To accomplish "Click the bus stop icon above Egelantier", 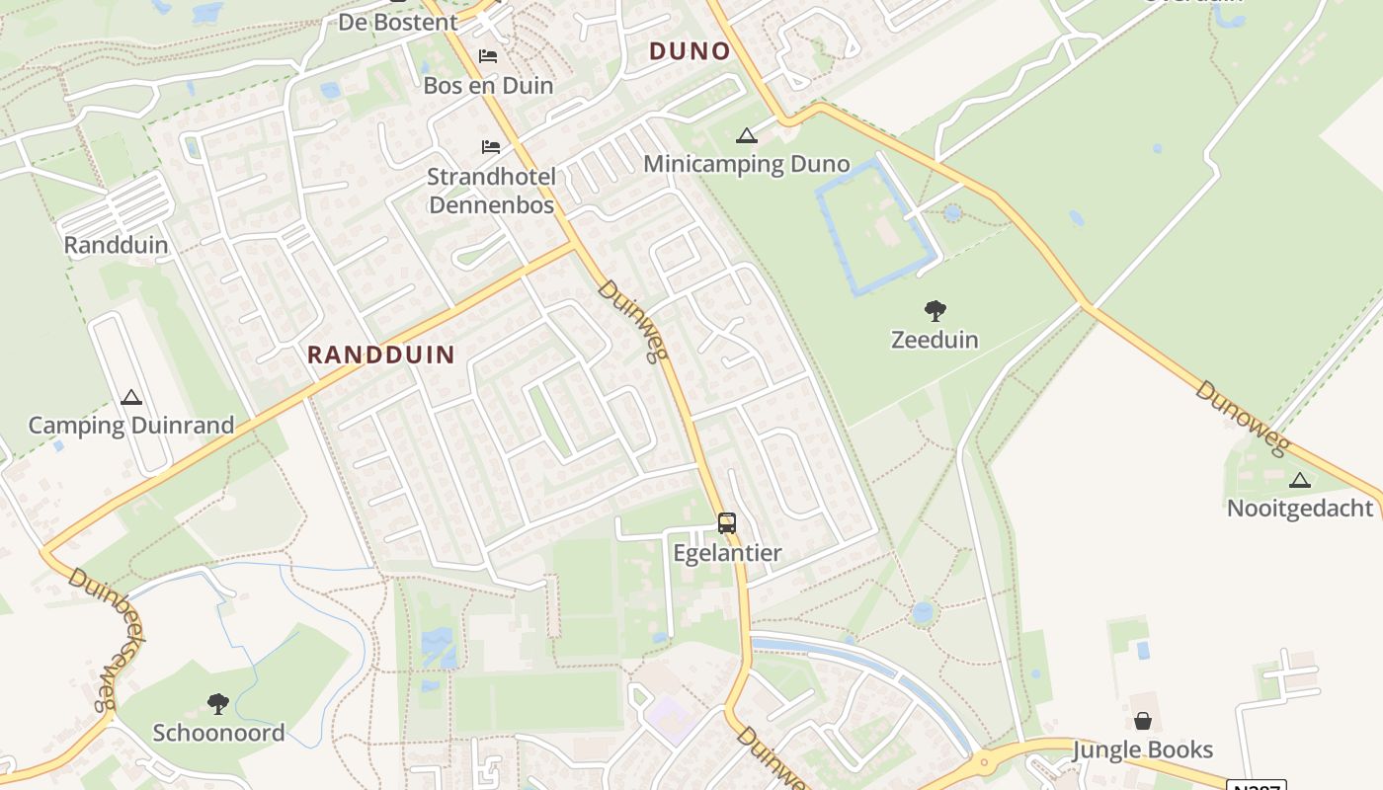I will tap(727, 523).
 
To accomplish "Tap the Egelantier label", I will tap(727, 553).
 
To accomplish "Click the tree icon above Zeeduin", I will tap(935, 312).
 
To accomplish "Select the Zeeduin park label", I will tap(935, 340).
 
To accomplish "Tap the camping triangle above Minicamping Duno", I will tap(747, 136).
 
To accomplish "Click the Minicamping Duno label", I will tap(747, 164).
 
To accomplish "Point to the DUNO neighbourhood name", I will tap(690, 51).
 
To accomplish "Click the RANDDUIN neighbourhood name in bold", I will tap(381, 355).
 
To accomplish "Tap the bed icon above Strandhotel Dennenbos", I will tap(491, 147).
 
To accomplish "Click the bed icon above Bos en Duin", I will tap(488, 56).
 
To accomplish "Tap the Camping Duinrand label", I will tap(131, 426).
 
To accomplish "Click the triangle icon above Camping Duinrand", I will tap(130, 398).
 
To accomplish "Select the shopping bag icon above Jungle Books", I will tap(1143, 721).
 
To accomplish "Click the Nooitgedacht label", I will tap(1300, 509).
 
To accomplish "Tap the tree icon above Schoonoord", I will tap(218, 704).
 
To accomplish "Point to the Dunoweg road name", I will tap(1243, 419).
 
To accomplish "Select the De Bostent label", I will tap(398, 22).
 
